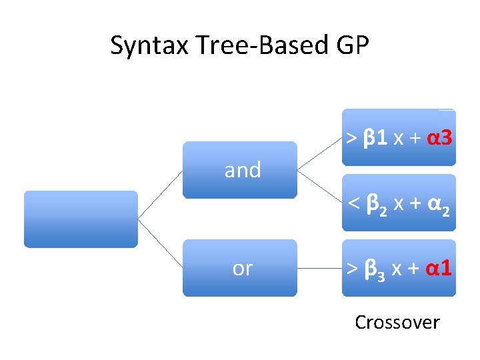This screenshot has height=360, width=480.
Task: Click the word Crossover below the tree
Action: (x=397, y=323)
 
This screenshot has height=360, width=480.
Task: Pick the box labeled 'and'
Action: (x=240, y=170)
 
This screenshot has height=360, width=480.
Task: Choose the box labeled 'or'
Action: (x=240, y=268)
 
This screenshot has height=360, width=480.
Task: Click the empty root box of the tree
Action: (x=81, y=219)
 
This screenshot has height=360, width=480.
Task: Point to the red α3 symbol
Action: (x=439, y=139)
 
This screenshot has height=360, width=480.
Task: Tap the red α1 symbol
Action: (x=439, y=268)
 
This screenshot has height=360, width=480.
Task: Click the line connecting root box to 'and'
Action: (x=160, y=194)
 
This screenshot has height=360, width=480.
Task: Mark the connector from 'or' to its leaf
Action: (x=319, y=268)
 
